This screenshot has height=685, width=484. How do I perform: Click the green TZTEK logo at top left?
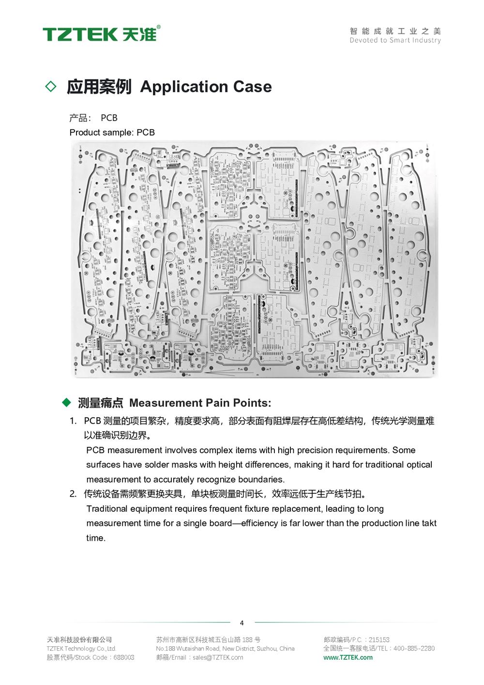pos(101,34)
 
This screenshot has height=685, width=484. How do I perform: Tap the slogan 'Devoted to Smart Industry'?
pos(395,40)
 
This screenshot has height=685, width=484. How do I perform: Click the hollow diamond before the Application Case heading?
pos(50,87)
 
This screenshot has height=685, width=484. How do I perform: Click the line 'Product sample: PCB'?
pos(112,132)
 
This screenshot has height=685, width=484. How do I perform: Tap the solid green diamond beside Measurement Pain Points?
pos(67,402)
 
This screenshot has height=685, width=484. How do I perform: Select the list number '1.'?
pos(73,421)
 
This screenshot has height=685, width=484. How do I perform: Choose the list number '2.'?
pos(73,494)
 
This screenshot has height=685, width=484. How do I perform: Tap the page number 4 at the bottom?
pos(242,623)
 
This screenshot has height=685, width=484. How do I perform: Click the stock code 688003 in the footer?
pos(124,657)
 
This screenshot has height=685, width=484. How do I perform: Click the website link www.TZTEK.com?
pos(348,657)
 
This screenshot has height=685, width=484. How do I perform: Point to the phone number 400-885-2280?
pos(414,648)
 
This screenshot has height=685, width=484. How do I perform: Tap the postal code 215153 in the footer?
pos(379,639)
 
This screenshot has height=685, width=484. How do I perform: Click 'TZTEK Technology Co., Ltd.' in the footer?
pos(81,648)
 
